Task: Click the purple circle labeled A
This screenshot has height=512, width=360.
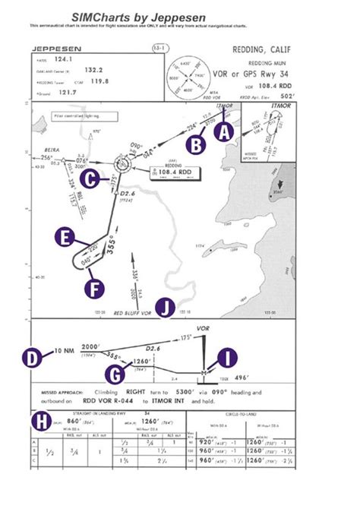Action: pos(223,131)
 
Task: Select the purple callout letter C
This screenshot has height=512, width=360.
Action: pos(91,179)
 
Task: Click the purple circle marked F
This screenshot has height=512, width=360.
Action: pos(93,289)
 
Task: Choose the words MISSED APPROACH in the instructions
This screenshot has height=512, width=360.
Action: pos(60,395)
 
